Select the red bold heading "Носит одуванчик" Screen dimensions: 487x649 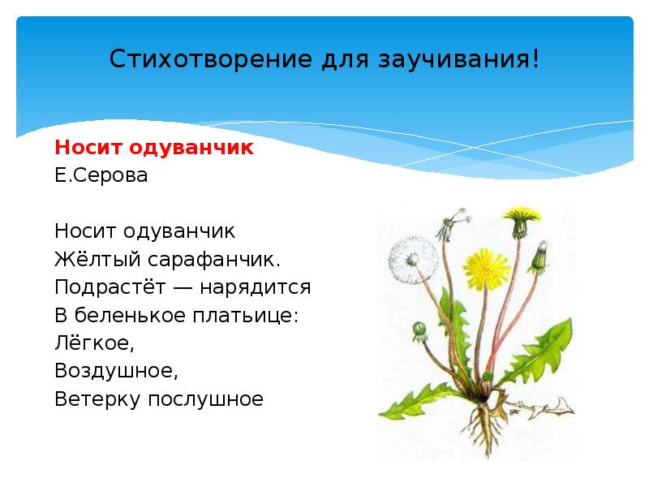(x=154, y=148)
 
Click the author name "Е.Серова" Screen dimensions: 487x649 (x=101, y=175)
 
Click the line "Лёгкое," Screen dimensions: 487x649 (x=93, y=343)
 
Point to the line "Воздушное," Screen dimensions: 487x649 (x=115, y=372)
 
